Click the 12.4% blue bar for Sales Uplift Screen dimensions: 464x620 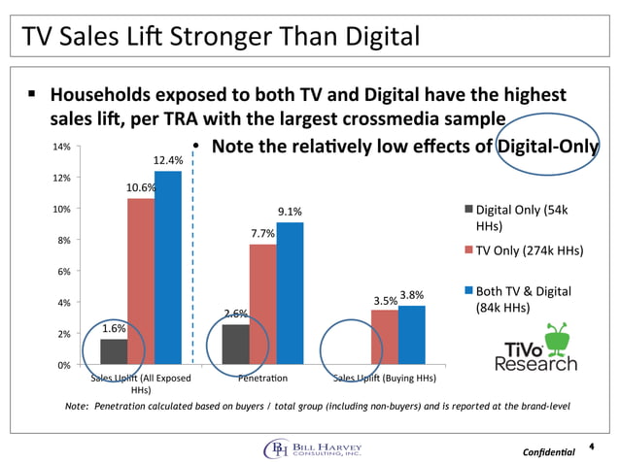(168, 267)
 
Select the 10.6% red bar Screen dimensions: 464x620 (141, 282)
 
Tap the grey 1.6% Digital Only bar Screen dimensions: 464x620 (114, 351)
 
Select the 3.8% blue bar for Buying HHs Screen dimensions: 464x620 (412, 335)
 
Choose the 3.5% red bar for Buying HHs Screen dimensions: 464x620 (385, 337)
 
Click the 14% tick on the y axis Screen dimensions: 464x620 (61, 147)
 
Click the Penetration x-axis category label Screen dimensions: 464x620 (262, 378)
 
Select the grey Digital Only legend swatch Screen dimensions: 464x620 (468, 209)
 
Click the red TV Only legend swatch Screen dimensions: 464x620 (468, 249)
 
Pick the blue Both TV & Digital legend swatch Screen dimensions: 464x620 (468, 291)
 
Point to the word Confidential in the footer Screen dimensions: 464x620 (550, 453)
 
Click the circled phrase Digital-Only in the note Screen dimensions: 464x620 (548, 147)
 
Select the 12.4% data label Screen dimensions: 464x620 (168, 159)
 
